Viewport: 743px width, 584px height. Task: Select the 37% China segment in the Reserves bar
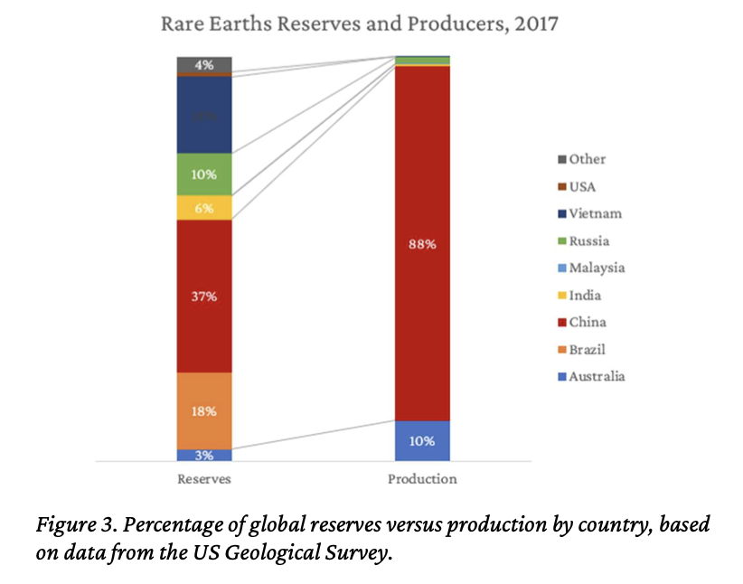pyautogui.click(x=204, y=296)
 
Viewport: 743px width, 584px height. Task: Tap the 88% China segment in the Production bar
pyautogui.click(x=422, y=243)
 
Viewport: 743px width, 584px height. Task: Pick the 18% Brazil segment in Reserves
pyautogui.click(x=204, y=410)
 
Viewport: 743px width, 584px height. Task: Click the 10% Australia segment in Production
pyautogui.click(x=422, y=441)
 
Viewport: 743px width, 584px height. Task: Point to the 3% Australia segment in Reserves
pyautogui.click(x=204, y=455)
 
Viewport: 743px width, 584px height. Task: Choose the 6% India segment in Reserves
pyautogui.click(x=204, y=207)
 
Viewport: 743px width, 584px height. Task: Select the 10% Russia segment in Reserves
pyautogui.click(x=204, y=174)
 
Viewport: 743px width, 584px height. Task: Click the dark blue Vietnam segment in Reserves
pyautogui.click(x=204, y=115)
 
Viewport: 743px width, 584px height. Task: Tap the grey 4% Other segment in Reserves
pyautogui.click(x=204, y=64)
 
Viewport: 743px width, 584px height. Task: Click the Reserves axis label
pyautogui.click(x=204, y=479)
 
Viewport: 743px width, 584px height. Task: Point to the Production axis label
pyautogui.click(x=422, y=479)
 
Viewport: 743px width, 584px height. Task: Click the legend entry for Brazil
pyautogui.click(x=588, y=349)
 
